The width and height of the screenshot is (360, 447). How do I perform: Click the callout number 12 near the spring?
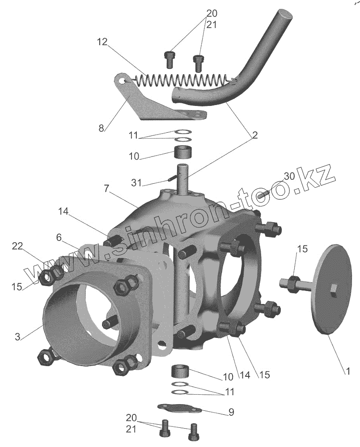point(102,42)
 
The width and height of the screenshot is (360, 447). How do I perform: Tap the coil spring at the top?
point(183,81)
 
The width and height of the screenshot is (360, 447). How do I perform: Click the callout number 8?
point(102,128)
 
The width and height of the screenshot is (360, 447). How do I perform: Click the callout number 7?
point(106,189)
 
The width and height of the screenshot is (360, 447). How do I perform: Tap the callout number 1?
point(346,371)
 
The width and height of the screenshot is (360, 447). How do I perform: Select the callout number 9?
point(231,412)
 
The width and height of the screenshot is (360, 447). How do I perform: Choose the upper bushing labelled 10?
point(182,152)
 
